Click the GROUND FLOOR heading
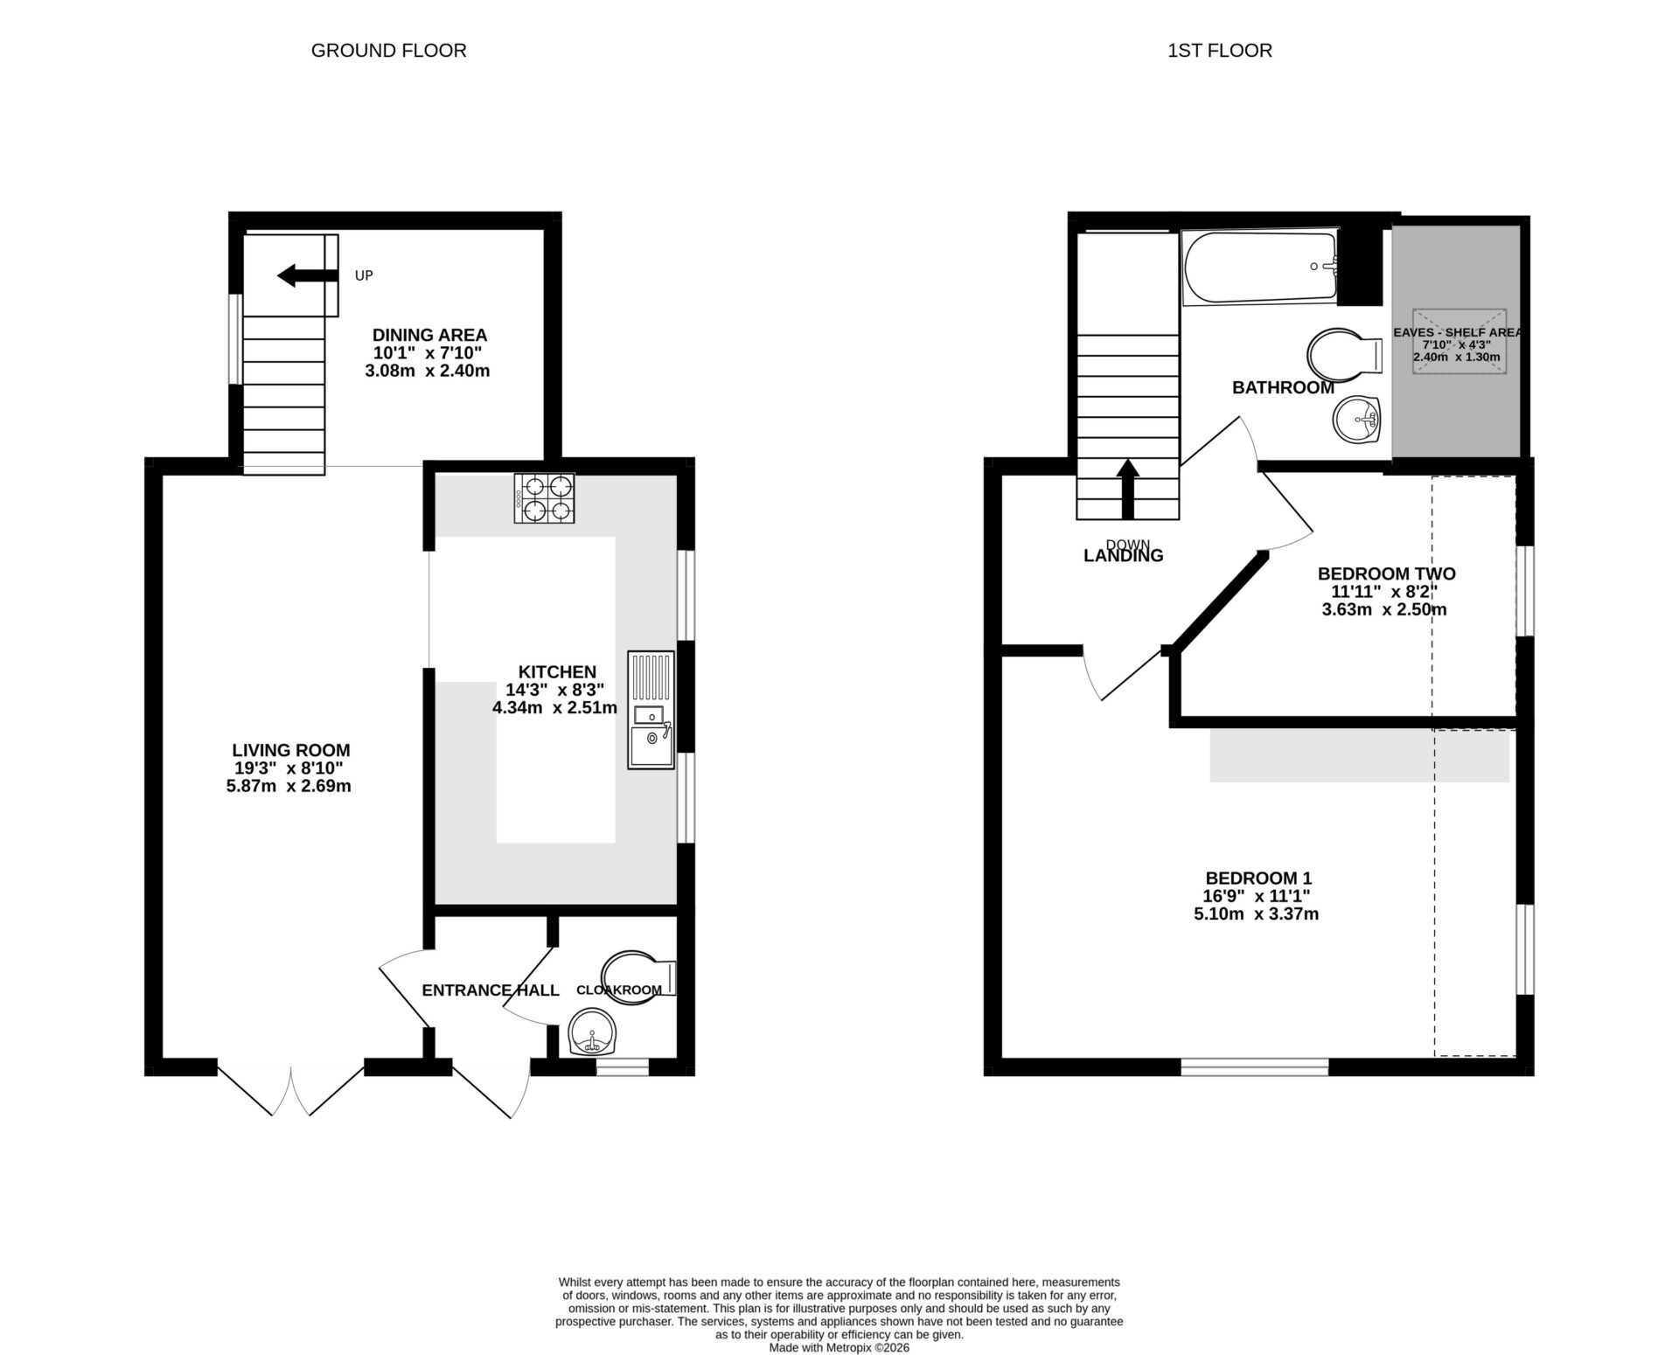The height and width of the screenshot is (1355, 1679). (x=388, y=51)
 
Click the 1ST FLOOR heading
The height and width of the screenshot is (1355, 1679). (x=1219, y=51)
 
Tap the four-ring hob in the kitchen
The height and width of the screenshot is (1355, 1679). (x=544, y=497)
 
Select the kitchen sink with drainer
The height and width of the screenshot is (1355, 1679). (x=651, y=710)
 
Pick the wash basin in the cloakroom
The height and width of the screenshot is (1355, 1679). (x=592, y=1033)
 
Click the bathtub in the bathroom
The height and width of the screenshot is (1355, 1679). (x=1259, y=267)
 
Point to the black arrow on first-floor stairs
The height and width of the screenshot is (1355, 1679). (x=1128, y=490)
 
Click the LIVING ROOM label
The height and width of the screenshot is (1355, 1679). (x=291, y=750)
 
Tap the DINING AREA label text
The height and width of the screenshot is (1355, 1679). (x=429, y=335)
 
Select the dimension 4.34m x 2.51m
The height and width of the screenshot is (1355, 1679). (x=554, y=708)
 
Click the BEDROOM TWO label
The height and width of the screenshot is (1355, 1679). (x=1386, y=573)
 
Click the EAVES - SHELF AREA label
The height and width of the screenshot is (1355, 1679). (x=1457, y=332)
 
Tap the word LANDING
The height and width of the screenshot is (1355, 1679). (x=1123, y=556)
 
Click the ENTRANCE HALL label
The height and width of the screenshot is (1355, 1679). (x=490, y=990)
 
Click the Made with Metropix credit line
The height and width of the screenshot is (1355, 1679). (x=839, y=1347)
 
